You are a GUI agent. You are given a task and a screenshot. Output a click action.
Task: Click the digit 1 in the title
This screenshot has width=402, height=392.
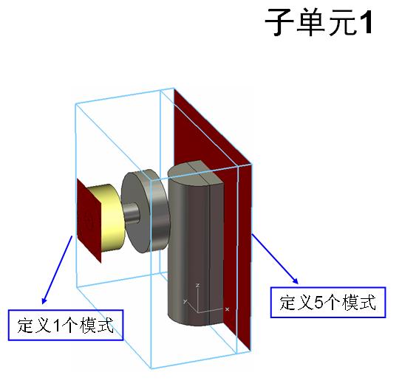(365, 23)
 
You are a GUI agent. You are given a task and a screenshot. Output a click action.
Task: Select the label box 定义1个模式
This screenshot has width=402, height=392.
(66, 325)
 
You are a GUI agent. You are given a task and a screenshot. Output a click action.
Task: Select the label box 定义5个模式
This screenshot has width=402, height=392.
(328, 303)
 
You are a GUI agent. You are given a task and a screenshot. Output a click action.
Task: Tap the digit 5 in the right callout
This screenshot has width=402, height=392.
(319, 303)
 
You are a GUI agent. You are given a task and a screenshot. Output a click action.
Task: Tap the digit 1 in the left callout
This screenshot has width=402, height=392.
(56, 326)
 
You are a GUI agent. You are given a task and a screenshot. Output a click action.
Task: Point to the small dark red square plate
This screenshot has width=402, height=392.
(89, 220)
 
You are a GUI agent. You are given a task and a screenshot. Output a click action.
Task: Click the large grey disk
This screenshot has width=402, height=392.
(145, 210)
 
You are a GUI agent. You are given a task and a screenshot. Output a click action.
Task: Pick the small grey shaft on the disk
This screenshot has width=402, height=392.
(132, 213)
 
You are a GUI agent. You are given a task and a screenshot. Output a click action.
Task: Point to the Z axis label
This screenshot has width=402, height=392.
(197, 285)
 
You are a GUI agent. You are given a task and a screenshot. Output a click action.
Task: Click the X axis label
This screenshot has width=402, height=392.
(227, 309)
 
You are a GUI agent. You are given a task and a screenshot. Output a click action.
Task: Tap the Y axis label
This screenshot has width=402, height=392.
(185, 301)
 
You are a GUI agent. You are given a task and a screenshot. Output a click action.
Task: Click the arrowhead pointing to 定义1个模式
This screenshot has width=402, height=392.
(44, 301)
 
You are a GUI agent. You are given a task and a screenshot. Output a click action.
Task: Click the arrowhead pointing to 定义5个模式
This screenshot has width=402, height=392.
(296, 281)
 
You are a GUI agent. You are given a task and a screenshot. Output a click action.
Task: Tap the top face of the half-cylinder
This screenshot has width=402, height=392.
(196, 171)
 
